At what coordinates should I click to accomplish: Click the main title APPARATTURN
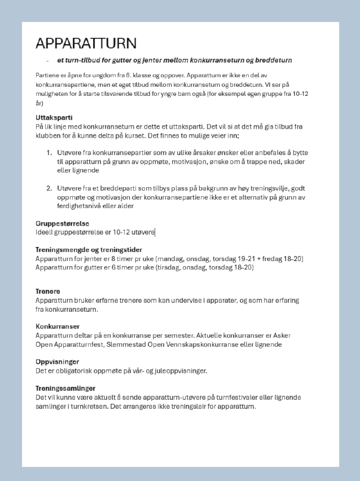coord(86,43)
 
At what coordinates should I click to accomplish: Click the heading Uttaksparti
coord(54,117)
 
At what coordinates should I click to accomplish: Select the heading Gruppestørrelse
coord(62,223)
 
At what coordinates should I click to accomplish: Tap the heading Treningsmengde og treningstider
coord(89,249)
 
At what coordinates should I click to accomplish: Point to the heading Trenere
coord(47,291)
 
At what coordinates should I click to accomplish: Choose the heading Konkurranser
coord(57,326)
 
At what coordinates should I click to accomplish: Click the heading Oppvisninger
coord(57,361)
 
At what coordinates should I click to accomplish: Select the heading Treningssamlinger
coord(65,388)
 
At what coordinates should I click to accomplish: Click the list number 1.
coord(49,152)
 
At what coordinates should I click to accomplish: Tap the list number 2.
coord(49,188)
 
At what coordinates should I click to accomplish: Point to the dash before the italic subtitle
coord(47,60)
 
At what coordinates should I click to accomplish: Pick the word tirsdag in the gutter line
coord(169,267)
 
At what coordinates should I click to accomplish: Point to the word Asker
coord(297,335)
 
